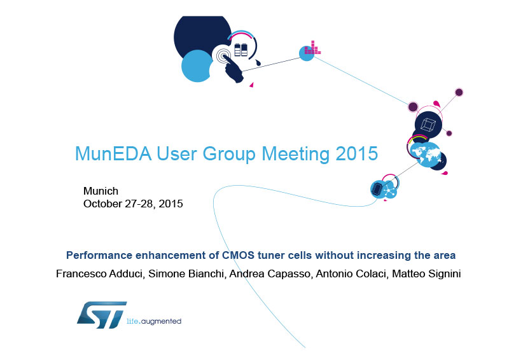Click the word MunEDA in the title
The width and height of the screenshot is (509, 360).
(113, 153)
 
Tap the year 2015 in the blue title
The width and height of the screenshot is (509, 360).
(357, 153)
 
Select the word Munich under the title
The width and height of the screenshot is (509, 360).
(101, 191)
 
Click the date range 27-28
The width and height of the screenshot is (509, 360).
(140, 204)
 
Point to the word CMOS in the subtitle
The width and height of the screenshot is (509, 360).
(238, 255)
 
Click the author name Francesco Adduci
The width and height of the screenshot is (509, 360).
(100, 273)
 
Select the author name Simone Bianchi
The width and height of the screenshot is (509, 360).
(186, 273)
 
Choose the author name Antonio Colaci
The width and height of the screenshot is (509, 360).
(352, 273)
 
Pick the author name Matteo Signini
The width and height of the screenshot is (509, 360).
(426, 273)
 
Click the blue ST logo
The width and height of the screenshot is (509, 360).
(102, 315)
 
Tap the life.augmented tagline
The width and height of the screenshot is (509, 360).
(154, 321)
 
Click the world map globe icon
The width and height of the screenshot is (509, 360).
(425, 155)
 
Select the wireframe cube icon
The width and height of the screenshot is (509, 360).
(428, 125)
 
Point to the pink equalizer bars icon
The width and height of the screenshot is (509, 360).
(312, 48)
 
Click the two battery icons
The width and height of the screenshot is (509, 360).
(241, 50)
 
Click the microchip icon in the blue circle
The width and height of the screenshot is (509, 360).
(377, 189)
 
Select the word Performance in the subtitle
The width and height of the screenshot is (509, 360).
(99, 255)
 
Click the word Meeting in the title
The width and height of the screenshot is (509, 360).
(296, 153)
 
